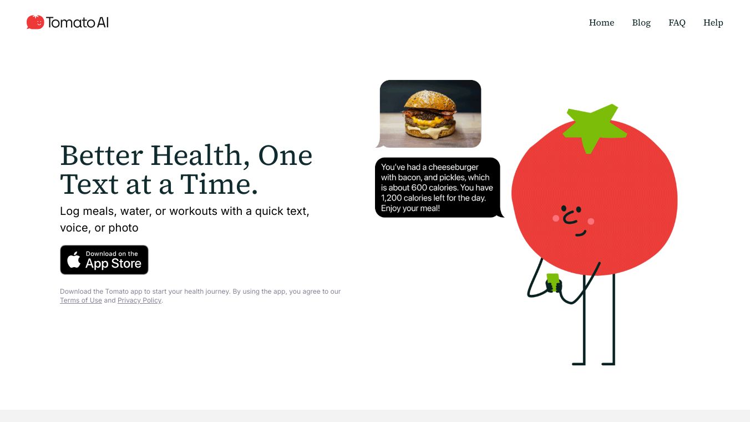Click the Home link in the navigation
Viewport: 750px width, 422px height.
601,23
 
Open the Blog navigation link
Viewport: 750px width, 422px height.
641,23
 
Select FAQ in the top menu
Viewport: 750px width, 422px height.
677,23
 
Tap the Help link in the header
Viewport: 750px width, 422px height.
713,23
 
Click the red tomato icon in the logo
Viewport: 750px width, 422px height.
35,22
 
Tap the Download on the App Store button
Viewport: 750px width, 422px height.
104,260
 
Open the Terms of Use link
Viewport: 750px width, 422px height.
81,300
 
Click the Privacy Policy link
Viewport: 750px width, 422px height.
139,300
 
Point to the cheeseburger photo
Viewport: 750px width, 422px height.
430,114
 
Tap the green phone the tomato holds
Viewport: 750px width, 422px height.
553,282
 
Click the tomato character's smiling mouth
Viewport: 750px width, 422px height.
580,234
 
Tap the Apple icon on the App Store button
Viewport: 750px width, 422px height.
74,260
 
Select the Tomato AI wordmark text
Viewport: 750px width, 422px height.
77,23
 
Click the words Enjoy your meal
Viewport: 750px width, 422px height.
410,208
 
